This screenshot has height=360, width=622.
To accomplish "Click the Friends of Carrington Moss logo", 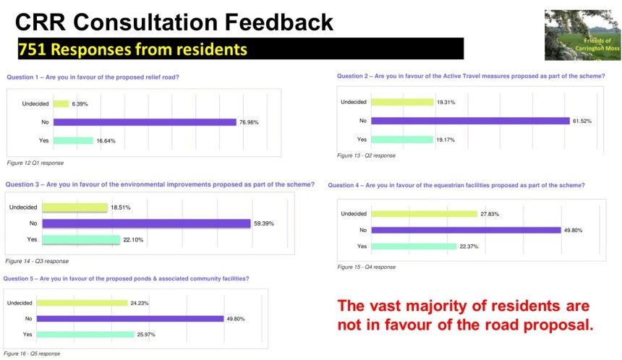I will tap(582, 35).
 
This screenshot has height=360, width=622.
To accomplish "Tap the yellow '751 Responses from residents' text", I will tap(132, 49).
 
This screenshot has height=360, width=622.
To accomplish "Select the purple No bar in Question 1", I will tap(144, 122).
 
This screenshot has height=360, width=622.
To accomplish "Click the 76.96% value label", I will tap(249, 122).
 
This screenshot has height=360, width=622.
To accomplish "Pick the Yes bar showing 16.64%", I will tap(72, 140).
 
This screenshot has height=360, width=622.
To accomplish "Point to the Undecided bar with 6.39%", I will tap(60, 103).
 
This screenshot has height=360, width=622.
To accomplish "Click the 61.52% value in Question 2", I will tap(581, 121).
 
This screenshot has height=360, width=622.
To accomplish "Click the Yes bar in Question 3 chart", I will tap(81, 239).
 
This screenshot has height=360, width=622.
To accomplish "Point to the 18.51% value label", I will tap(121, 207).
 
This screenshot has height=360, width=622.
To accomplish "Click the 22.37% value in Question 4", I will tap(468, 247).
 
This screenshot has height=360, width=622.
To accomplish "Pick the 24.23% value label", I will tap(139, 303).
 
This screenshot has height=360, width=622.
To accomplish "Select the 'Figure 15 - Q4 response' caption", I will tap(366, 267).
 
